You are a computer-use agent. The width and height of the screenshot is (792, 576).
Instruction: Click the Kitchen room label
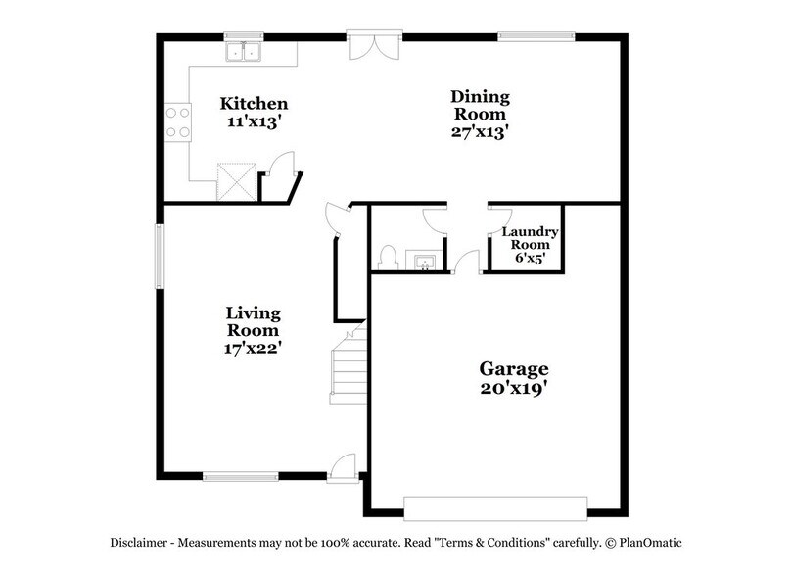point(254,103)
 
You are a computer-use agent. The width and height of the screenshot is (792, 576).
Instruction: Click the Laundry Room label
point(530,240)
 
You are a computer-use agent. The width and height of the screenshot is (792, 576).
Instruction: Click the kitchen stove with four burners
point(177,121)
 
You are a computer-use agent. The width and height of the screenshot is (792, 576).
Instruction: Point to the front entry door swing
point(344,467)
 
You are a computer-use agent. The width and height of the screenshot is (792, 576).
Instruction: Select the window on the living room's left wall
point(161,258)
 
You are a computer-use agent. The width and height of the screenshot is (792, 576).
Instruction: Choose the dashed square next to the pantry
point(235,180)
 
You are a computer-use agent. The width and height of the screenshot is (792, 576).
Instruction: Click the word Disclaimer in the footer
point(137,542)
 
